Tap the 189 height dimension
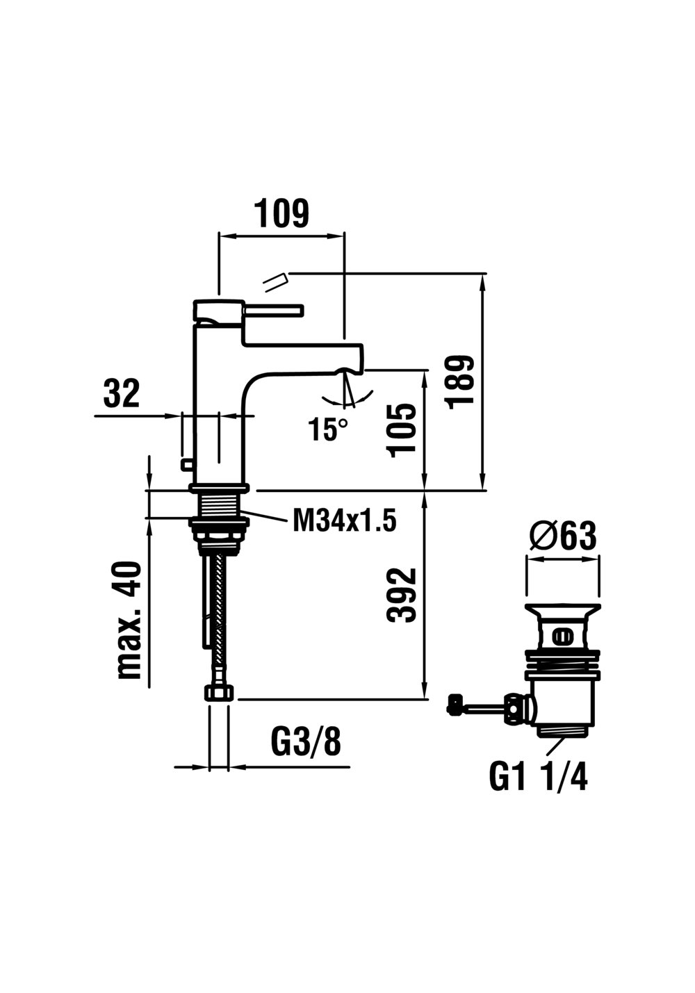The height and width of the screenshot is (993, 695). [x=461, y=382]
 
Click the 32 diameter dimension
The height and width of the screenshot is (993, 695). [x=122, y=393]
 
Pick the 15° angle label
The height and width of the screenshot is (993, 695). [x=329, y=429]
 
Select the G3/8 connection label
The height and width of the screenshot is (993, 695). [x=306, y=740]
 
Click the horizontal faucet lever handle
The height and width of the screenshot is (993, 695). [x=273, y=311]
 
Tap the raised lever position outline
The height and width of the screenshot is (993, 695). [x=276, y=282]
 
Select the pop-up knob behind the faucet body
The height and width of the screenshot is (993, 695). [x=186, y=464]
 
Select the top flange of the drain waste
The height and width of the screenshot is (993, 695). [x=562, y=607]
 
